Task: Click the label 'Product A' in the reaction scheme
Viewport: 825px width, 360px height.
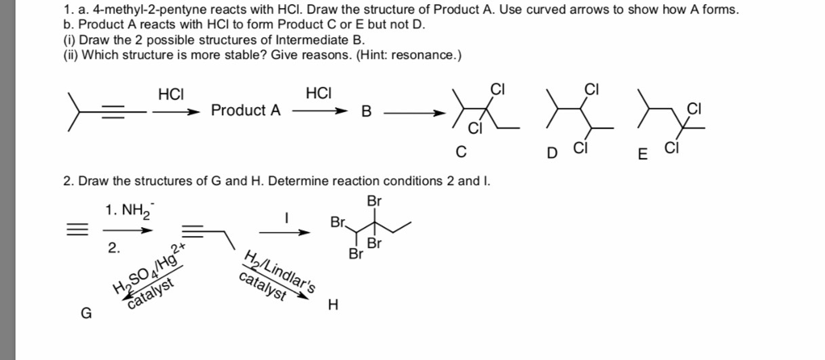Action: [x=247, y=110]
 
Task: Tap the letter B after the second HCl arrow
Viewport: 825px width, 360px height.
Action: [x=367, y=112]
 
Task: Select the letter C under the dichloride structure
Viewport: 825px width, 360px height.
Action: [x=460, y=151]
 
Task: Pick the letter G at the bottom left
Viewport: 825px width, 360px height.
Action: [x=85, y=314]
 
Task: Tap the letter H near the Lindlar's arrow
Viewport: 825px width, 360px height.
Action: [x=333, y=304]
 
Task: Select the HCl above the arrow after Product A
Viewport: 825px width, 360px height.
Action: [x=319, y=93]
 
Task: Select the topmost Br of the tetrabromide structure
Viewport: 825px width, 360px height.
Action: [x=374, y=200]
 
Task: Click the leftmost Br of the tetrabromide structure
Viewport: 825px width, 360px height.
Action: [x=338, y=221]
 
